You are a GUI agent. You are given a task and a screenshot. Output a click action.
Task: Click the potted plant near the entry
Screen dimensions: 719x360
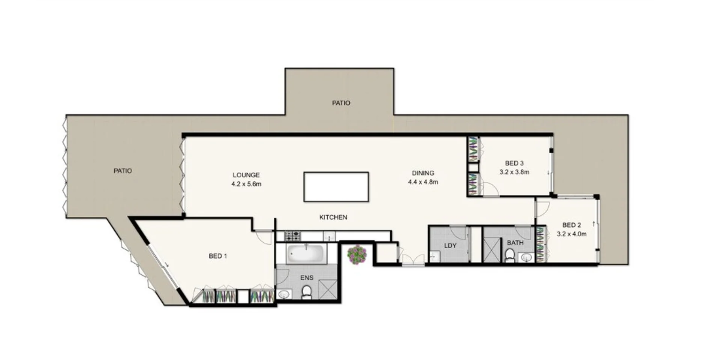pos(357,255)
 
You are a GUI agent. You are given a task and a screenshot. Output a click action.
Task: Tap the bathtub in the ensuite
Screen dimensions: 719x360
pos(307,254)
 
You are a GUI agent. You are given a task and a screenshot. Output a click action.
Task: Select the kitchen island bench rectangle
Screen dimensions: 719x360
pos(336,187)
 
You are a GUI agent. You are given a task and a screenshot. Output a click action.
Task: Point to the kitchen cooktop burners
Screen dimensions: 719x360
pos(293,236)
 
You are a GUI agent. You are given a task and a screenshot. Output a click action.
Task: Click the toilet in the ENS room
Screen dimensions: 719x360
pos(307,292)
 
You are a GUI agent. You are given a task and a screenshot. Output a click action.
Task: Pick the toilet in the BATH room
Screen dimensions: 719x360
pos(509,255)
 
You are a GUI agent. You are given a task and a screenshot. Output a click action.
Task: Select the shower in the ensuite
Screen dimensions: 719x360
pos(328,289)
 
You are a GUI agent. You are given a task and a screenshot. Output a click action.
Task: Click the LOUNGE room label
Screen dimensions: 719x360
pos(246,175)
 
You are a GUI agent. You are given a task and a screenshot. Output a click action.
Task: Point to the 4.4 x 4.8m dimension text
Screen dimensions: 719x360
pos(423,182)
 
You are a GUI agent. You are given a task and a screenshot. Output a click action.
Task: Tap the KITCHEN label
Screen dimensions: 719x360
pos(333,217)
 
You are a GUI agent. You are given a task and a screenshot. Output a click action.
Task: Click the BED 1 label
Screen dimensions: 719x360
pos(218,256)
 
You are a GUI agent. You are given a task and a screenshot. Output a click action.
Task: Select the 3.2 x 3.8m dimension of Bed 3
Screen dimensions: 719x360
pos(514,172)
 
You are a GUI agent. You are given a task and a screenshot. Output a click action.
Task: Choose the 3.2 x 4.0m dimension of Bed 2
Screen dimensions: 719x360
pos(572,234)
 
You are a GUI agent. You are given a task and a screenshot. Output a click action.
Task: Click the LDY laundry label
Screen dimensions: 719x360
pos(450,246)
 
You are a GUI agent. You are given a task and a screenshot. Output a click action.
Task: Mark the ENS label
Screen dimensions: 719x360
pos(307,278)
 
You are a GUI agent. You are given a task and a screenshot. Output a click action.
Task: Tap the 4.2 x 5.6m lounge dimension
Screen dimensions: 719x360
pos(246,184)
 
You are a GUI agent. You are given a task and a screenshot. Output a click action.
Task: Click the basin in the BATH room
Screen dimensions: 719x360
pos(527,258)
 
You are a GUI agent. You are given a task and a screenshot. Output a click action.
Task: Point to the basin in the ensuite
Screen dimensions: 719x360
pos(284,295)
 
